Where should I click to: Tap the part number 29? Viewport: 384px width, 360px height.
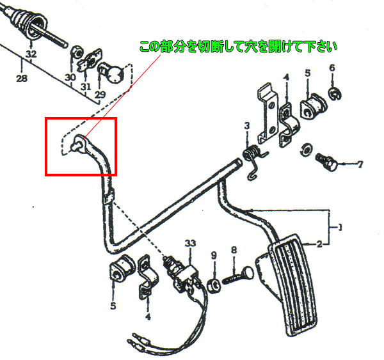tap(100, 95)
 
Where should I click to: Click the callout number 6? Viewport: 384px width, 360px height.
tap(332, 68)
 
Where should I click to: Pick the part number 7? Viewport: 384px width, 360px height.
tap(359, 164)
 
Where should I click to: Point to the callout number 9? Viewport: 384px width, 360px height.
tap(214, 255)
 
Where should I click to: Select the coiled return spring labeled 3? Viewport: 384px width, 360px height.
tap(253, 155)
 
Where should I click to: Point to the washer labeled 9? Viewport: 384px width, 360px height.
tap(214, 282)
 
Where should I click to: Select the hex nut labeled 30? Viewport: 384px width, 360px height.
tap(74, 51)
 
